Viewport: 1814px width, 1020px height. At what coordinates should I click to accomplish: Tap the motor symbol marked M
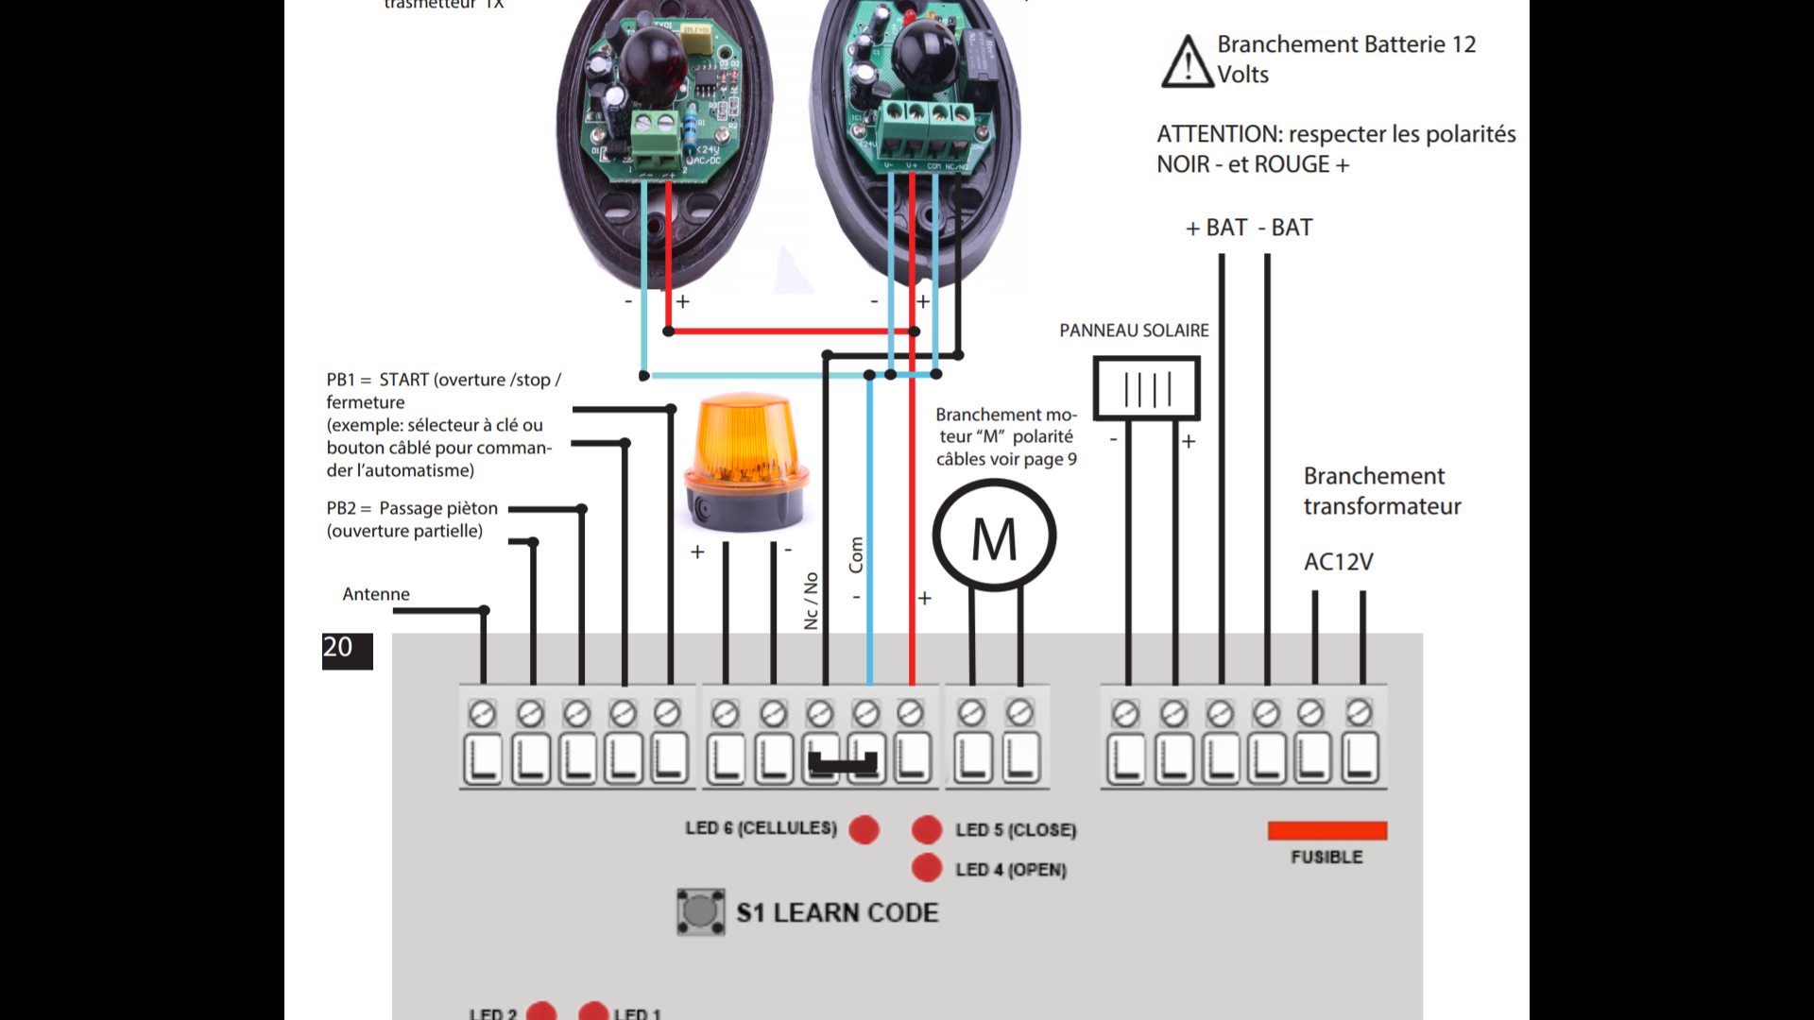[x=994, y=535]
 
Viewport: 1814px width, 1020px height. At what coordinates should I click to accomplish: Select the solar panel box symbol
[x=1146, y=387]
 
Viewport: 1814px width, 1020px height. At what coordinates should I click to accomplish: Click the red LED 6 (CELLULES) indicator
[x=864, y=829]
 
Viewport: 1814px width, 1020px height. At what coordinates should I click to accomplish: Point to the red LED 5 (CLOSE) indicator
[x=927, y=829]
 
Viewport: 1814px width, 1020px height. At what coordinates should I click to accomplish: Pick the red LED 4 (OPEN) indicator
[x=927, y=868]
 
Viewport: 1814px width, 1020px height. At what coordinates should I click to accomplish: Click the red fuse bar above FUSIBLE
[x=1326, y=830]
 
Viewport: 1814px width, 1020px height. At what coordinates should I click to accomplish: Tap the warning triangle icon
[x=1187, y=62]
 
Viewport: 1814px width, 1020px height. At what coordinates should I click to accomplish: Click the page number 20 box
[x=347, y=650]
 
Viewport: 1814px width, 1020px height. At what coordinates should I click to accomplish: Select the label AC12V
[x=1338, y=562]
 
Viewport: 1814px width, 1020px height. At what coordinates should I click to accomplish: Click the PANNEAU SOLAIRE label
[x=1134, y=331]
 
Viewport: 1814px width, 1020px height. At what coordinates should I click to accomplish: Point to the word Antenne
[x=376, y=594]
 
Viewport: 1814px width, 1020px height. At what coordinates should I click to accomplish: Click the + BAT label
[x=1217, y=228]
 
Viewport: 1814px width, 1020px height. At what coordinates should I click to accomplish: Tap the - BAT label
[x=1286, y=228]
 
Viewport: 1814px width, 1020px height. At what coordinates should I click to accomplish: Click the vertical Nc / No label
[x=811, y=601]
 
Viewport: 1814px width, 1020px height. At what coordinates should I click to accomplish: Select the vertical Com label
[x=856, y=554]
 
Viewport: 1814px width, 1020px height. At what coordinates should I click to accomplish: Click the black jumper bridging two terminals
[x=844, y=763]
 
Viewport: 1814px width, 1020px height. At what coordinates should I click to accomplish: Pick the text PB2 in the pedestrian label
[x=341, y=508]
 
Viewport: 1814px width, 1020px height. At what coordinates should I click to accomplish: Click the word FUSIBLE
[x=1326, y=858]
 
